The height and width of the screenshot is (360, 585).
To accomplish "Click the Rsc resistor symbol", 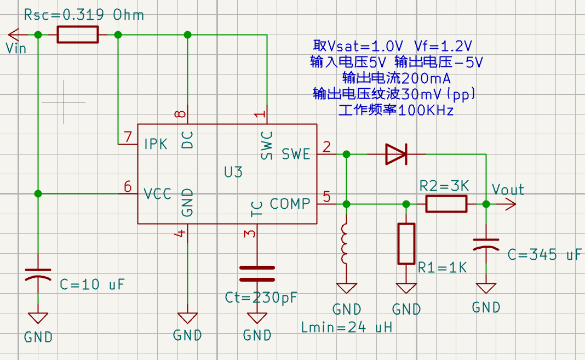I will point(78,35).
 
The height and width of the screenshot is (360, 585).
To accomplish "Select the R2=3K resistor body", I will point(446,204).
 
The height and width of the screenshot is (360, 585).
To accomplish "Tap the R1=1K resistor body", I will point(406,244).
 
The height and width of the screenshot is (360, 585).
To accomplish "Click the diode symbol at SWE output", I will point(396,155).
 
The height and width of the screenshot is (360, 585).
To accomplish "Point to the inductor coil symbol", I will point(345,243).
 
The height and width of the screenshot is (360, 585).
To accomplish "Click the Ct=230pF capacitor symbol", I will point(257,273).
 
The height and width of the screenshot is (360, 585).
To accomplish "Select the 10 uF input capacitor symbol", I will point(38,274).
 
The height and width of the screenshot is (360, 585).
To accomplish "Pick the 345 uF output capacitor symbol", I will point(486,244).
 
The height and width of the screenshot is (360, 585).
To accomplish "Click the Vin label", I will point(16,48).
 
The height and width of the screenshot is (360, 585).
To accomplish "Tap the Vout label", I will point(508,190).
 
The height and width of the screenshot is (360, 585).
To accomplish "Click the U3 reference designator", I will point(233,172).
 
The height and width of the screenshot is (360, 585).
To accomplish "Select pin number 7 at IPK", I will point(128,137).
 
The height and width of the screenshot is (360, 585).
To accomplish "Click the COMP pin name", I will point(290,204).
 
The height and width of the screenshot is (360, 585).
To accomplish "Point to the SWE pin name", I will point(296,154).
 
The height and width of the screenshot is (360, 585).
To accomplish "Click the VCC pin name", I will point(157,194).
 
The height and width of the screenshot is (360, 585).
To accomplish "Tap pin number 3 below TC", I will point(249,234).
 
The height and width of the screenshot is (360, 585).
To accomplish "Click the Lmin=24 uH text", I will point(347,328).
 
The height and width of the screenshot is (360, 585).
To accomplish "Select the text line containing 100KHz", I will point(396,110).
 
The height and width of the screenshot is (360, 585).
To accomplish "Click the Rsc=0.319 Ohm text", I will point(84,15).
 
